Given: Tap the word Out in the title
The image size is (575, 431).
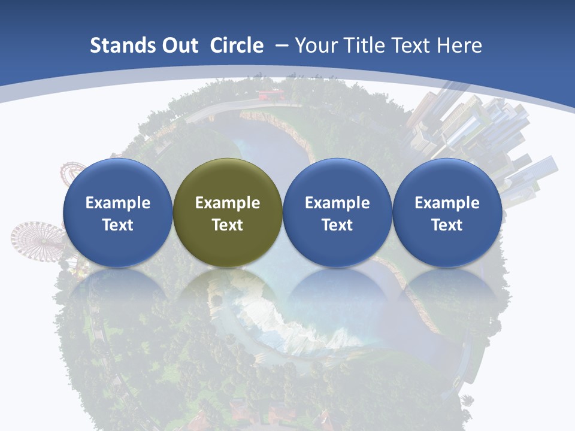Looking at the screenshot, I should (178, 45).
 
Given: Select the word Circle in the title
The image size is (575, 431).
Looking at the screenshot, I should (237, 45).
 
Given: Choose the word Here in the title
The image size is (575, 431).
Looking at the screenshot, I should (461, 45).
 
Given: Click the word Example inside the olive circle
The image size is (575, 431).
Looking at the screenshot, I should (228, 203).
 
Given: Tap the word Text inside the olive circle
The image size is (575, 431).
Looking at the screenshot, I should (228, 225).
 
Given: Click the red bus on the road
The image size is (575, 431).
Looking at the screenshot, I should (270, 95).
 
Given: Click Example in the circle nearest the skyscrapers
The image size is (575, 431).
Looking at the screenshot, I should (447, 203).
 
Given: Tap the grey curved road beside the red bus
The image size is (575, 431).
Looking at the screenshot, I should (216, 111).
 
